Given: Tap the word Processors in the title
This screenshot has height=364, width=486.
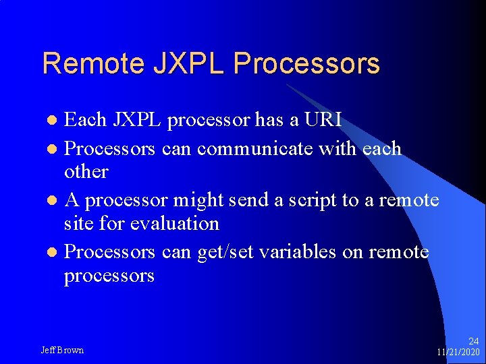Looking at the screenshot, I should [x=306, y=63].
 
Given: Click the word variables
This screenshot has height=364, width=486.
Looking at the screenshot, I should [x=300, y=251].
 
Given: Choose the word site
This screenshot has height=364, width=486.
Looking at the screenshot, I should [x=79, y=223].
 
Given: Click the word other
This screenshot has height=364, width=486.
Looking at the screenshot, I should [x=86, y=171].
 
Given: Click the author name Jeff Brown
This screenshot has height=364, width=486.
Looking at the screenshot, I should [x=62, y=350].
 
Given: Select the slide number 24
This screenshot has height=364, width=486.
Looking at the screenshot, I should [x=473, y=341].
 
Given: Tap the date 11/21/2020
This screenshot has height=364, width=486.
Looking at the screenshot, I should [x=458, y=352].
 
